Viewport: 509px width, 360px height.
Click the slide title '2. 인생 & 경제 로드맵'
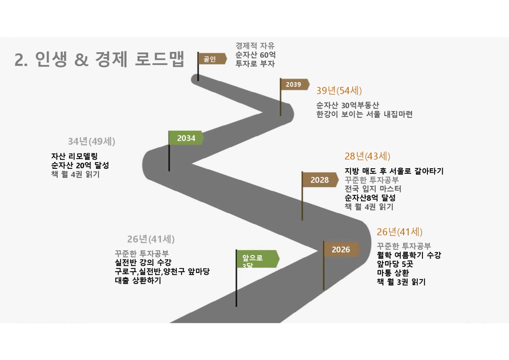point(100,59)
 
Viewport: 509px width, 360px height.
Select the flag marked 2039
point(294,84)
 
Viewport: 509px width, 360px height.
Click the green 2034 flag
point(186,138)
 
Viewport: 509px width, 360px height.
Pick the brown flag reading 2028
point(319,180)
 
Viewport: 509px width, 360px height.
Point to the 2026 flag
point(341,249)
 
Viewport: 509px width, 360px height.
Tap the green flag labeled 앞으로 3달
point(256,259)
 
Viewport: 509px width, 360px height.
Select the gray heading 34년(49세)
point(91,141)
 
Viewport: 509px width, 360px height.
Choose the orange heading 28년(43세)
point(367,156)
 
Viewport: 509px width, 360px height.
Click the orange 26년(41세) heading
point(399,232)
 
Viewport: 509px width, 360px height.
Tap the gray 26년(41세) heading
point(151,239)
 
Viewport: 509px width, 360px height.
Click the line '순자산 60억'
point(255,55)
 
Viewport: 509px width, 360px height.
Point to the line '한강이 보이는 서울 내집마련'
point(364,114)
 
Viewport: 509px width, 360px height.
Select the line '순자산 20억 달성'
point(80,165)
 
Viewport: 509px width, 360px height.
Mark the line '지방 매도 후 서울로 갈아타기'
point(394,171)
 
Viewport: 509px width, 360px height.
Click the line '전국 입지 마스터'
point(373,189)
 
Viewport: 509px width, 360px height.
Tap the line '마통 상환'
point(393,273)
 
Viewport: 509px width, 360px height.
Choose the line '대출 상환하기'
point(138,280)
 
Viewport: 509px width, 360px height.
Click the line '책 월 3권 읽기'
point(401,282)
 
